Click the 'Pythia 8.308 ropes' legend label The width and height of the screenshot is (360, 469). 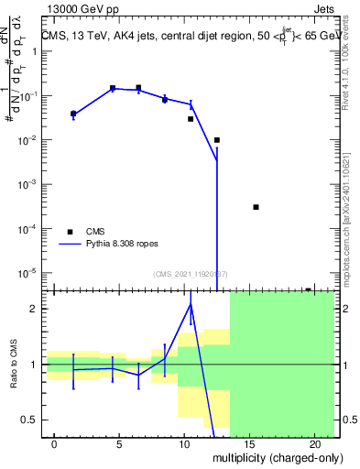(x=129, y=245)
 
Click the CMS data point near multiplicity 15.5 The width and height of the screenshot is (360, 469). (x=256, y=207)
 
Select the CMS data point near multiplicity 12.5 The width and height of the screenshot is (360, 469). (x=217, y=140)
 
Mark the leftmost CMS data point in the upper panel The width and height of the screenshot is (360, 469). (x=73, y=114)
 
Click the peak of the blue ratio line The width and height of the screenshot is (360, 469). (x=191, y=303)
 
